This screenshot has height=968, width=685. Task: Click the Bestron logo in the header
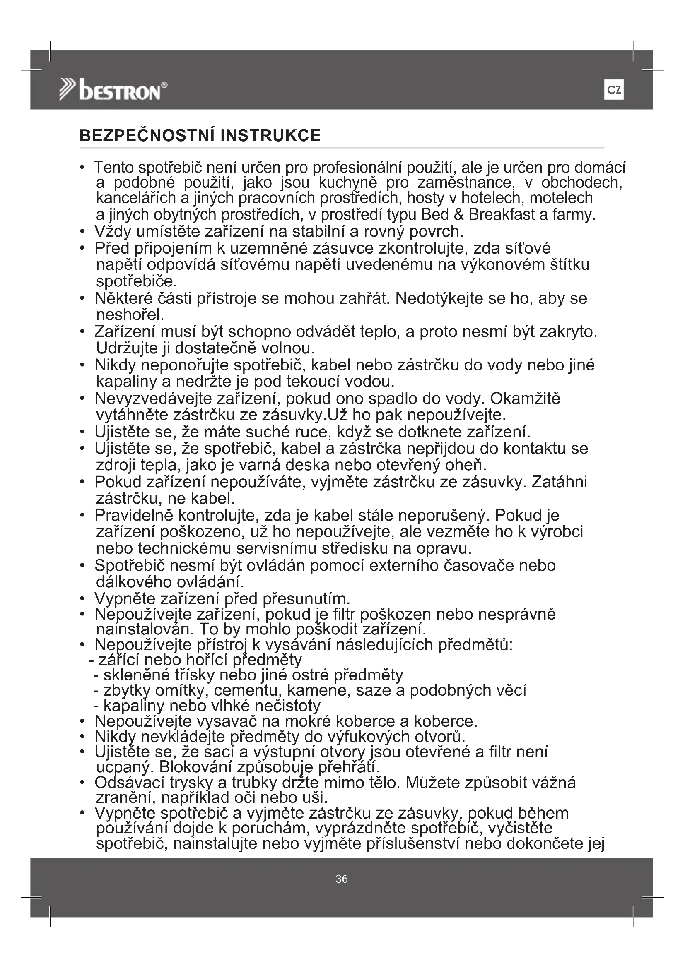click(x=113, y=90)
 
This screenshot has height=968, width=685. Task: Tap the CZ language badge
click(x=614, y=90)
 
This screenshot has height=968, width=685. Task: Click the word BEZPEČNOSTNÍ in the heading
click(x=147, y=135)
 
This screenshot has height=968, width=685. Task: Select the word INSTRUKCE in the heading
click(x=270, y=135)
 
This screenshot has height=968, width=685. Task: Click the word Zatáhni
click(x=559, y=482)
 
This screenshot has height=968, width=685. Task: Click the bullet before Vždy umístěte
click(x=82, y=232)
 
